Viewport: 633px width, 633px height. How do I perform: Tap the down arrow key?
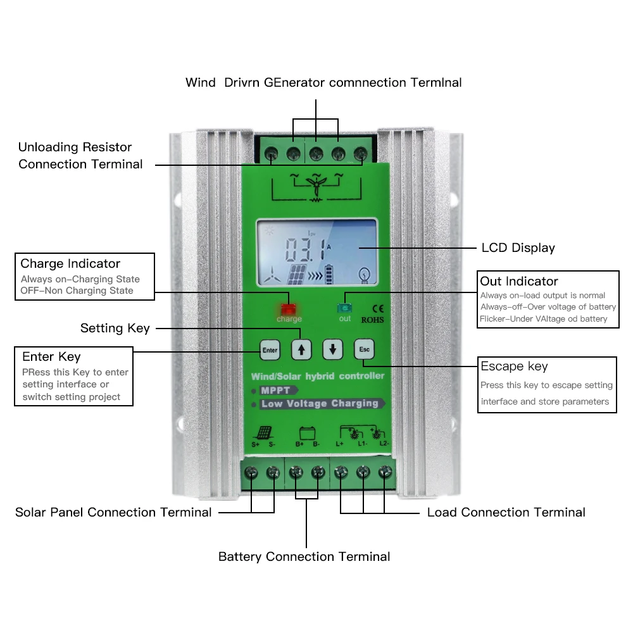(x=332, y=349)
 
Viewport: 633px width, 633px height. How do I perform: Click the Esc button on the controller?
(x=364, y=349)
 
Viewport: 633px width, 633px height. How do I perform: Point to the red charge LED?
(x=289, y=310)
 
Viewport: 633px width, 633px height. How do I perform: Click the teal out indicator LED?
(x=344, y=308)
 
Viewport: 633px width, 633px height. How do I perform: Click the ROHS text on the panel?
(x=372, y=320)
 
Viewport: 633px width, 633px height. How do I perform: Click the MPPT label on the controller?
(x=275, y=391)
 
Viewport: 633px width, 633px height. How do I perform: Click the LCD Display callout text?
(x=518, y=248)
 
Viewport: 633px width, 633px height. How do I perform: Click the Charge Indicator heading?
(x=70, y=263)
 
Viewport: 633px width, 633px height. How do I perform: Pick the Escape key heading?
(x=514, y=366)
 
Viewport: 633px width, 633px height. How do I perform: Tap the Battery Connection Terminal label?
(x=304, y=556)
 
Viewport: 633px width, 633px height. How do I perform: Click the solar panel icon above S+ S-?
(x=264, y=434)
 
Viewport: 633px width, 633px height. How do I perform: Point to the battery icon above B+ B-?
(x=308, y=434)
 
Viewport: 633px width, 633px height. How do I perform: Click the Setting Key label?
(x=115, y=328)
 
